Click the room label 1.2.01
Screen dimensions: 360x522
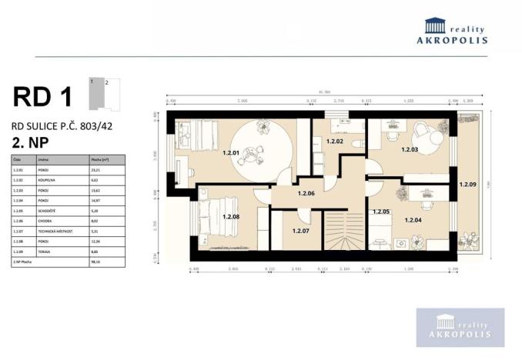(231, 152)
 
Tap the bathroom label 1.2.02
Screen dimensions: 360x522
(334, 142)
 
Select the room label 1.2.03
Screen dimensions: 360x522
(409, 149)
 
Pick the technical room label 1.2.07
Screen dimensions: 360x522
(301, 230)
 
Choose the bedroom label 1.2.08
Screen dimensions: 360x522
(231, 216)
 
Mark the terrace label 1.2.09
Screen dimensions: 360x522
(467, 185)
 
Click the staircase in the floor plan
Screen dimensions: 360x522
(342, 231)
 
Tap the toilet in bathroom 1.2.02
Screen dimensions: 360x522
(356, 144)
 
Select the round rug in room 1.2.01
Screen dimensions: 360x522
(263, 150)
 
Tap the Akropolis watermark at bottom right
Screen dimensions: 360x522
(460, 328)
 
